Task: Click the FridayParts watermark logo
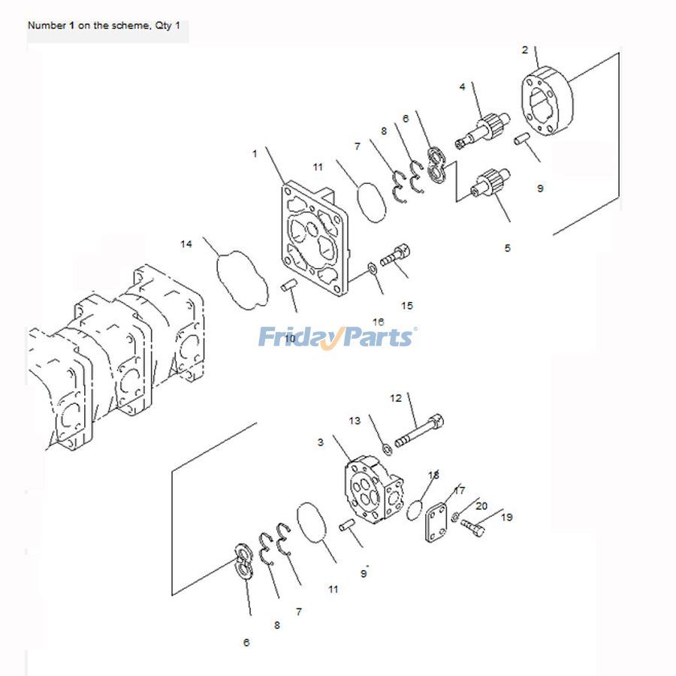337,336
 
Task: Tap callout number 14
186,244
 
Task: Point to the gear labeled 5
488,185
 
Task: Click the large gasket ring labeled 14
242,281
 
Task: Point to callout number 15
406,306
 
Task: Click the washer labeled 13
387,449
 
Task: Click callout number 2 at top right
524,50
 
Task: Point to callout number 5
507,248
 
